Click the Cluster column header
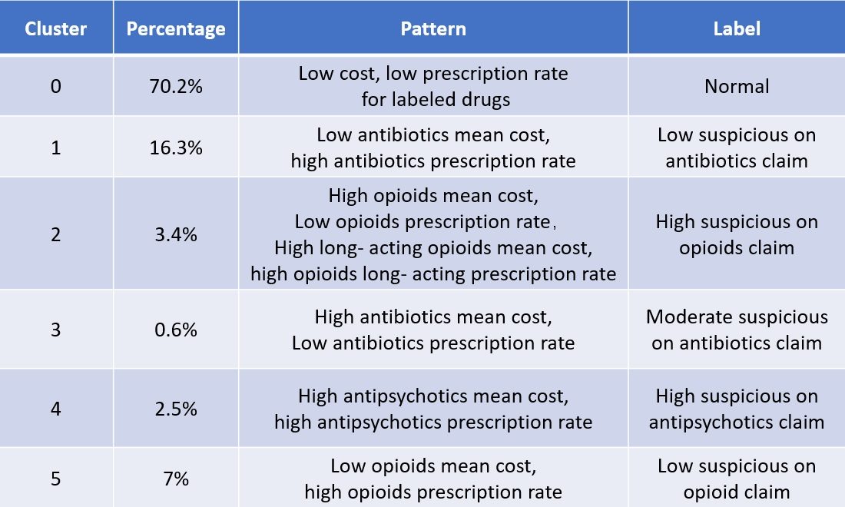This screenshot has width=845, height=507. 56,29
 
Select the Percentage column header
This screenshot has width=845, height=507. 176,29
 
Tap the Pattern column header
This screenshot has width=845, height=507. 433,29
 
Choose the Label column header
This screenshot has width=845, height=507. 737,29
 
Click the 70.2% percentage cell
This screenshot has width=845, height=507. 176,86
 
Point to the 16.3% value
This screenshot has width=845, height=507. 176,148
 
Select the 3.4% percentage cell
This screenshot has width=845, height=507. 176,234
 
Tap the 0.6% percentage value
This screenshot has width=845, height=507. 176,330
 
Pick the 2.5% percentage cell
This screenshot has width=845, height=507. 176,409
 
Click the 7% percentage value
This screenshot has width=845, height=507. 176,479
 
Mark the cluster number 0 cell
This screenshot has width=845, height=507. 56,86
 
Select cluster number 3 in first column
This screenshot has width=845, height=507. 56,330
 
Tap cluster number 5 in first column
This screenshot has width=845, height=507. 56,479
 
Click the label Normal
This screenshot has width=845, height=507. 737,86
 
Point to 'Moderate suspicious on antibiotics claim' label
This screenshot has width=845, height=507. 737,330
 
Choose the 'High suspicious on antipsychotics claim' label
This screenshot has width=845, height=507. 737,409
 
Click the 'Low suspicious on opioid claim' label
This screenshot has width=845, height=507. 737,479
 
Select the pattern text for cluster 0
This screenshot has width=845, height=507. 433,86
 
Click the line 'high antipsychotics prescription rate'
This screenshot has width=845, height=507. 433,422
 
